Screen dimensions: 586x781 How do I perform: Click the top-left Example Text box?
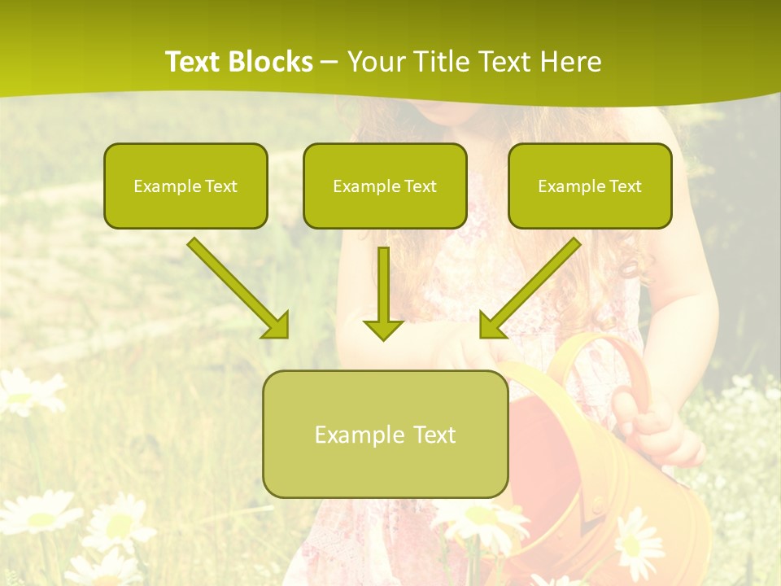point(185,186)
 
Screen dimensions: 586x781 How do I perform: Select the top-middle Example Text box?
point(385,186)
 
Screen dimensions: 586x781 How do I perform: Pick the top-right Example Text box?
point(590,186)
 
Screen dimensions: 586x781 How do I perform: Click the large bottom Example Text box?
point(385,434)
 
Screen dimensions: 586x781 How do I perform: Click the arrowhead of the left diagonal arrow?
point(277,326)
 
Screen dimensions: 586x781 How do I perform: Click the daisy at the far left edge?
point(24,391)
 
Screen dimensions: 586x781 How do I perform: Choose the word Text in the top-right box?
point(625,186)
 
